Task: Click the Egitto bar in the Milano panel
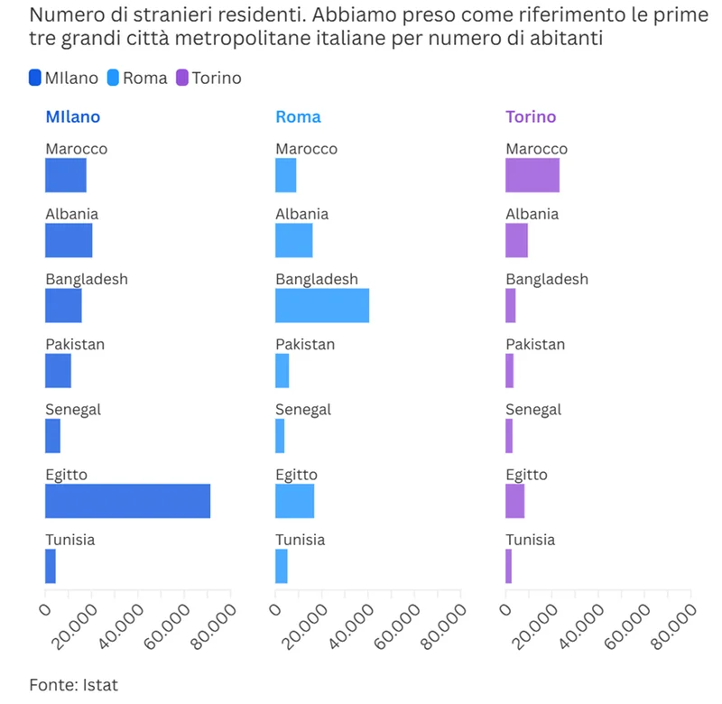[127, 501]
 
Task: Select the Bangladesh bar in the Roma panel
[322, 305]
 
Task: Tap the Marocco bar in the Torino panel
[532, 175]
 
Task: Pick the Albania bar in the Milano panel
[69, 240]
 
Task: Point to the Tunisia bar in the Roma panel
[282, 566]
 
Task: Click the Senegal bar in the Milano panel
[52, 436]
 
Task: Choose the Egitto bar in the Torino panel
[514, 501]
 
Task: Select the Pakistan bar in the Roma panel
[282, 371]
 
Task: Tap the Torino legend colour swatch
[181, 78]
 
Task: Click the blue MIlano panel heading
[72, 116]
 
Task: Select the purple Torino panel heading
[531, 116]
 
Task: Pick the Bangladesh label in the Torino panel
[546, 279]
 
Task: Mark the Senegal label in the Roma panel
[302, 409]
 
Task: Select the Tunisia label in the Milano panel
[69, 540]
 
